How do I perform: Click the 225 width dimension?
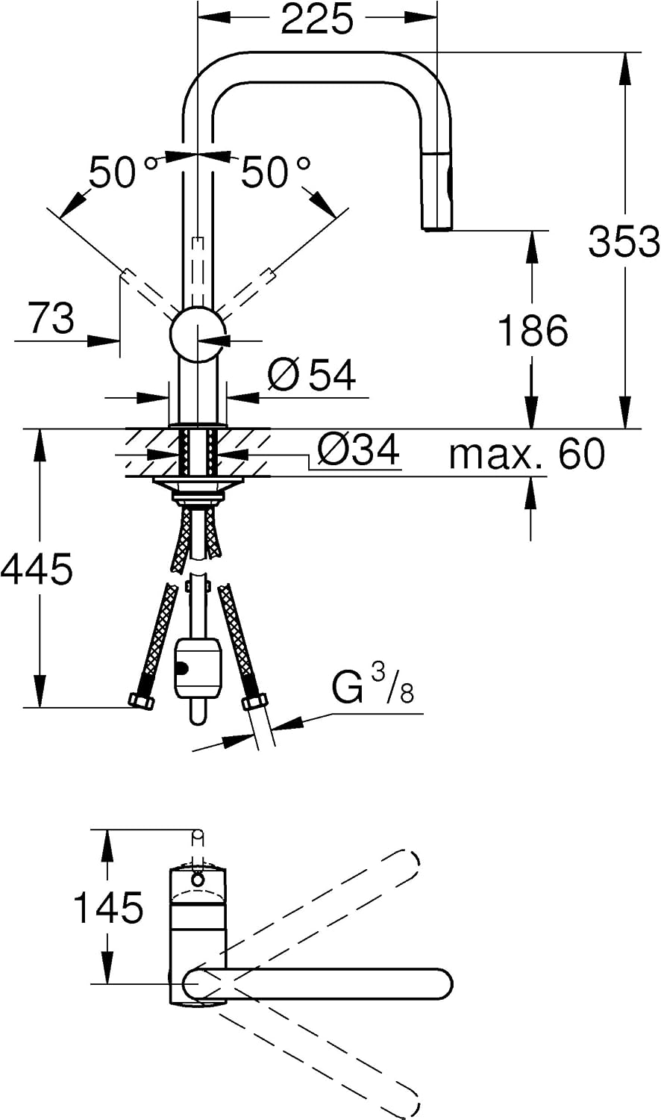317,19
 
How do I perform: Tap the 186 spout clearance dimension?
533,331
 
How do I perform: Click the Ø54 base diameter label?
312,374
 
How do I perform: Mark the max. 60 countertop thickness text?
527,454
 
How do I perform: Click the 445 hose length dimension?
37,569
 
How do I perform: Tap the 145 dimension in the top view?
108,907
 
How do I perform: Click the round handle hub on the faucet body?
198,334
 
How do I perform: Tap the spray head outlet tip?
438,228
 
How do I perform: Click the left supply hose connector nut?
142,700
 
